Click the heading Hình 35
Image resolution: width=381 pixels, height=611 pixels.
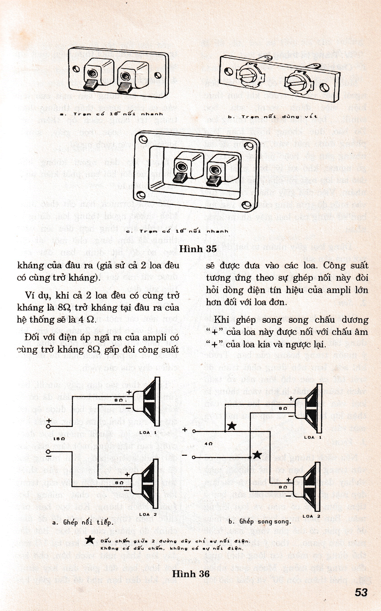tap(198, 249)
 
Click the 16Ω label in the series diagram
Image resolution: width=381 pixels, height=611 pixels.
tap(60, 439)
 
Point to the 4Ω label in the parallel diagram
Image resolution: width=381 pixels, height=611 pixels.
tap(209, 444)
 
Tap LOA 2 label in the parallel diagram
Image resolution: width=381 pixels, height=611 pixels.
tap(311, 516)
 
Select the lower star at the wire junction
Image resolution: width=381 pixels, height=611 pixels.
tap(257, 455)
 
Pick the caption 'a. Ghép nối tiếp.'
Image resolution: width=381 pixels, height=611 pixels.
tap(83, 522)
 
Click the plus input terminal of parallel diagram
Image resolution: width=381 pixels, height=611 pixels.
tap(194, 431)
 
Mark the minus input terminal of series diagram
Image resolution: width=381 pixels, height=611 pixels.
tap(48, 452)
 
